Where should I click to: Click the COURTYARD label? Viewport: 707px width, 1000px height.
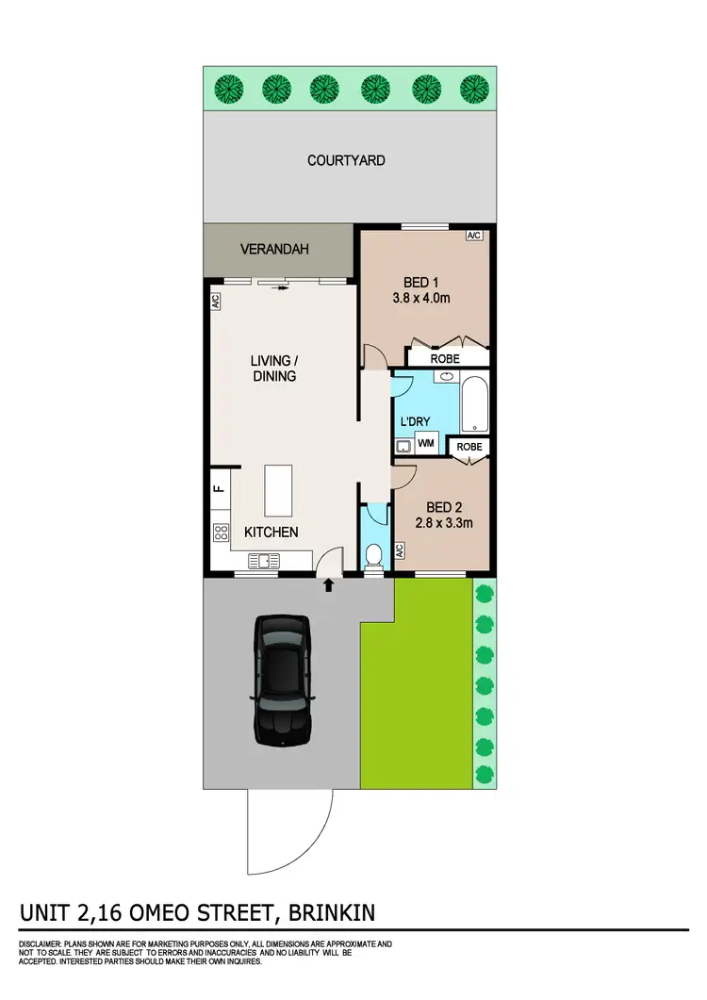coord(346,160)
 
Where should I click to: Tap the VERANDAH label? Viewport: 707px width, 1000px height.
coord(274,250)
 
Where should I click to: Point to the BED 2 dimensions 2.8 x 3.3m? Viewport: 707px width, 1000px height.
coord(441,516)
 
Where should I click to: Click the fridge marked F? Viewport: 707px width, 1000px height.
coord(218,488)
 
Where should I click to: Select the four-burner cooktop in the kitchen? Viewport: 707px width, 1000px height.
coord(222,533)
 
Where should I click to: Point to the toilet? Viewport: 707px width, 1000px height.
coord(374,554)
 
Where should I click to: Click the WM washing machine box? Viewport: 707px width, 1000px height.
coord(426,443)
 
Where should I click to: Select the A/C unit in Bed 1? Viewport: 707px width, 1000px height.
coord(474,236)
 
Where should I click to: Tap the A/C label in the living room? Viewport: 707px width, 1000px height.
coord(215,303)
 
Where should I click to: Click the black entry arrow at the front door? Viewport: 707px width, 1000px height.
coord(328,585)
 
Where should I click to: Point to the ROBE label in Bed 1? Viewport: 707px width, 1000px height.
coord(445,358)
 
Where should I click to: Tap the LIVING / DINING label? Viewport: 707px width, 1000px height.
coord(273,368)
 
